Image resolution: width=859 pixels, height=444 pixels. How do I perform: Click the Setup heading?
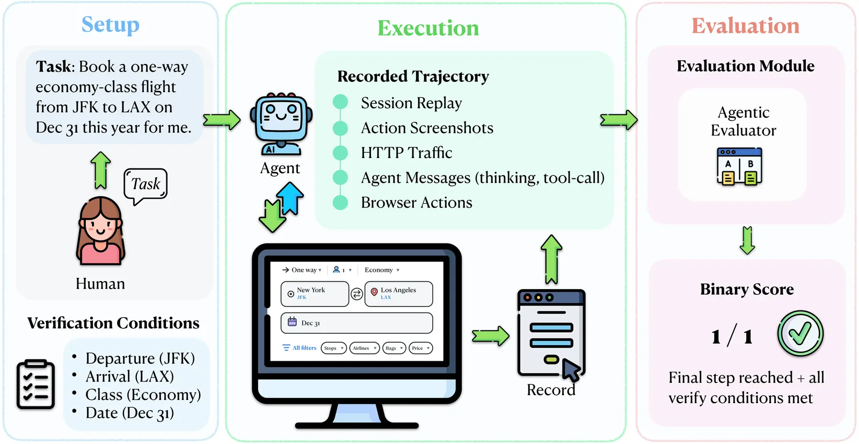110,25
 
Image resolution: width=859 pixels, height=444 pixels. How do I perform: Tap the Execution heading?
428,28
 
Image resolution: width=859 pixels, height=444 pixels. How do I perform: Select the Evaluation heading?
745,26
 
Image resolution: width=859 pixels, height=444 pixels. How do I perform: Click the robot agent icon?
281,124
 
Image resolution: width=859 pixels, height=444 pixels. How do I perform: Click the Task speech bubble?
145,185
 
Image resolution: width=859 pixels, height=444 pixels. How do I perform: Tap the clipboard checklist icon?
36,384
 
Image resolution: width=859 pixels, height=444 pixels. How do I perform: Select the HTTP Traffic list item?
406,153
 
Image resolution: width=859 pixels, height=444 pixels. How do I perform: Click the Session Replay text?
411,103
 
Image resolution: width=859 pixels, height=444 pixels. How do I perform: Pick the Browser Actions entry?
417,203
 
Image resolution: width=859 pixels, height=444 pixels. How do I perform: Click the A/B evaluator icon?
739,167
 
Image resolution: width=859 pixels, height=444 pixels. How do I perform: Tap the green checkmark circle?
800,333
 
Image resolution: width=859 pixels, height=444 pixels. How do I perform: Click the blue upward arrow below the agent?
290,197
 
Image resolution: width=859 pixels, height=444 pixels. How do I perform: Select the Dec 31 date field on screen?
356,323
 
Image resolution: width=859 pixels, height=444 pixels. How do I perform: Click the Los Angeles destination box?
398,293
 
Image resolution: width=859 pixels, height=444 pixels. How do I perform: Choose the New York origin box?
315,293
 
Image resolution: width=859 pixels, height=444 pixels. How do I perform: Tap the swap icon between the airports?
356,294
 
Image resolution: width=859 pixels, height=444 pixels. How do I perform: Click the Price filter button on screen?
420,348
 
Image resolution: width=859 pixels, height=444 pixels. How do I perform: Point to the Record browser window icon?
551,333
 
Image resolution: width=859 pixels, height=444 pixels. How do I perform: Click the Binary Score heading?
747,289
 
